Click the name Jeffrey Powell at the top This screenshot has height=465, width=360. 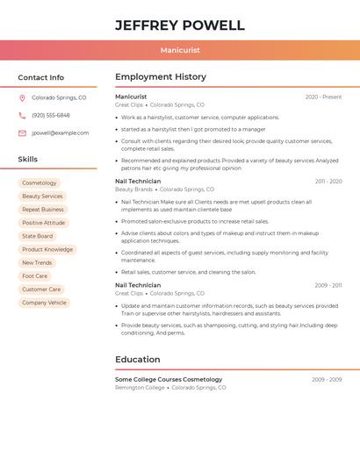(180, 25)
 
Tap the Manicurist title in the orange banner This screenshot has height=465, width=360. (180, 51)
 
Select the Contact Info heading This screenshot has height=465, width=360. (40, 77)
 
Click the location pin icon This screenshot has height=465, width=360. (22, 98)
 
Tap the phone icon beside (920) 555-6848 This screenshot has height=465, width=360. (22, 116)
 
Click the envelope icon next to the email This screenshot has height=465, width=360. (22, 133)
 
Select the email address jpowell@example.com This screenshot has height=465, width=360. (60, 133)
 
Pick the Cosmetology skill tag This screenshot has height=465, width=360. (40, 183)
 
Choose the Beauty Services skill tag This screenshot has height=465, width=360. (42, 197)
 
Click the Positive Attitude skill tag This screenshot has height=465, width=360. (44, 223)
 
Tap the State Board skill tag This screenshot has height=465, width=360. (37, 236)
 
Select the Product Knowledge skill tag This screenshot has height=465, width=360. (47, 250)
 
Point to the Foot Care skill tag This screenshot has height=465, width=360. (35, 276)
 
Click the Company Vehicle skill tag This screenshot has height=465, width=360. (44, 303)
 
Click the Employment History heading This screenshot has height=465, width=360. (161, 77)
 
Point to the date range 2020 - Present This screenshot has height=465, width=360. (323, 97)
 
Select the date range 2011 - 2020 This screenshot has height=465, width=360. (328, 182)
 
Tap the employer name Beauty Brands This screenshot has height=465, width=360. (133, 190)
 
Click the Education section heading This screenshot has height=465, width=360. (138, 360)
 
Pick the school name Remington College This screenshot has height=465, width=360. (140, 388)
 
